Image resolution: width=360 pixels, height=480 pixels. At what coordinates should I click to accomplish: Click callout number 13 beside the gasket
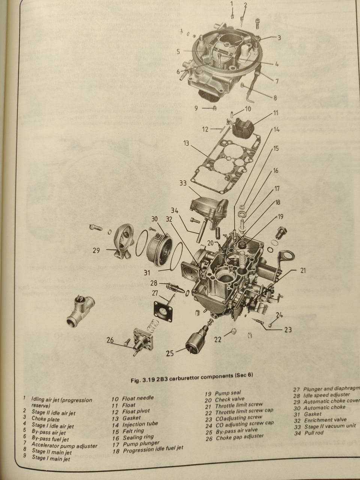(186, 144)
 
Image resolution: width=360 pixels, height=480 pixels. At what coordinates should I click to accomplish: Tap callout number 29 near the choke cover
(96, 250)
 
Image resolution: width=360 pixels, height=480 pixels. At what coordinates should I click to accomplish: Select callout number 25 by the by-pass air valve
(170, 353)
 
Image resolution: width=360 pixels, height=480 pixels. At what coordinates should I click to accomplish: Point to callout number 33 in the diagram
(183, 183)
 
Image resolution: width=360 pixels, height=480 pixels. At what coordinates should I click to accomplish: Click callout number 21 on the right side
(303, 270)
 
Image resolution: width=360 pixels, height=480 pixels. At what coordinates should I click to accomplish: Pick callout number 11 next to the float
(276, 112)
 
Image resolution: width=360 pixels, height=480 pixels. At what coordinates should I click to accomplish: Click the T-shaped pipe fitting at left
(79, 309)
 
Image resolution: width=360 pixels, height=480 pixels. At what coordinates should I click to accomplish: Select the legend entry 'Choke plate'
(45, 419)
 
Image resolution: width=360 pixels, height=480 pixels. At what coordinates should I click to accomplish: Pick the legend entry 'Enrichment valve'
(325, 420)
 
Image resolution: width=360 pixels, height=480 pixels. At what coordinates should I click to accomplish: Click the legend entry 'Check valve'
(229, 399)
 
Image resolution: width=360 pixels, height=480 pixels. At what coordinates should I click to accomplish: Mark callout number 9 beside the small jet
(196, 108)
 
